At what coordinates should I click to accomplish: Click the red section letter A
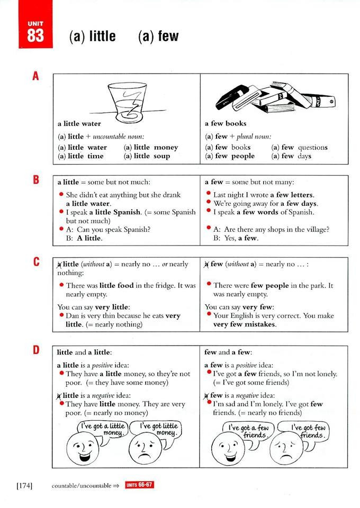pos(35,76)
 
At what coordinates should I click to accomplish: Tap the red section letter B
pos(35,179)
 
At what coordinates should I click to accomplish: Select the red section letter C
pos(35,261)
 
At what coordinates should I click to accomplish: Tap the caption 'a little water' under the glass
pos(79,124)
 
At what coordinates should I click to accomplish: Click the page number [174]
pos(24,485)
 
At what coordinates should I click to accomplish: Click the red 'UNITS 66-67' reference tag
pos(139,485)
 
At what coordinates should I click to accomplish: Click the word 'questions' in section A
pos(312,148)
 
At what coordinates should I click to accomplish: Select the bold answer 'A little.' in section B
pos(89,238)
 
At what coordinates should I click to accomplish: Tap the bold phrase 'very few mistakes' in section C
pos(245,324)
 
